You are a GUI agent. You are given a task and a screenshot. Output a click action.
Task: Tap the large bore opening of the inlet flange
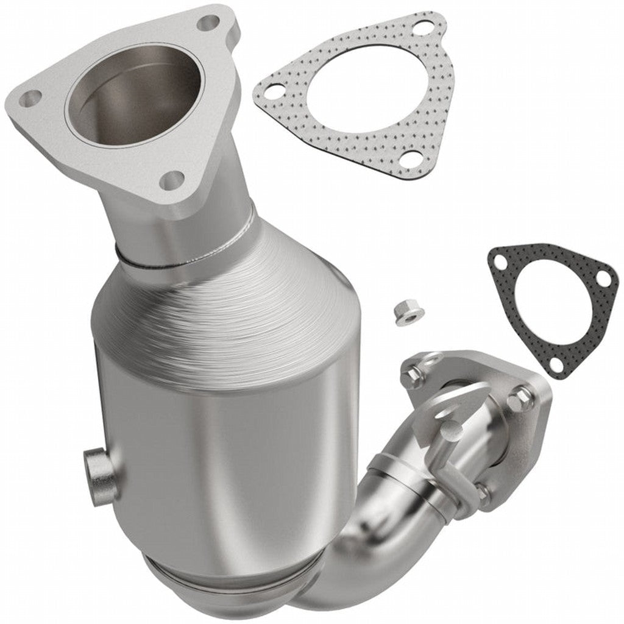tap(133, 101)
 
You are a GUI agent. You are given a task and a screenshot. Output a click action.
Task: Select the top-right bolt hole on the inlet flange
tap(209, 23)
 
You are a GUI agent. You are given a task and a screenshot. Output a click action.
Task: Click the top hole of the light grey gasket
tap(420, 29)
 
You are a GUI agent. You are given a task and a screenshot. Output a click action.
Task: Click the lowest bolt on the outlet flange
tap(481, 492)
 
